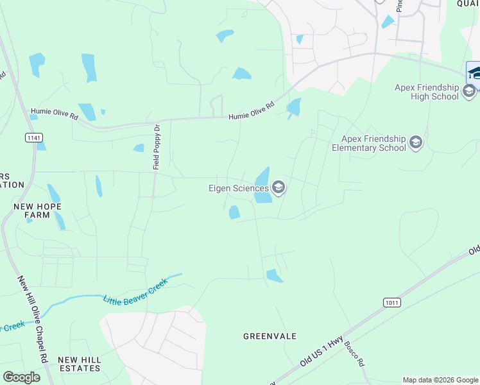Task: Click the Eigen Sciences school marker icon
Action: (x=279, y=188)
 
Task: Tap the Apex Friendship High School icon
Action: (x=469, y=92)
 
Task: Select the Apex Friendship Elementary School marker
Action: (x=415, y=142)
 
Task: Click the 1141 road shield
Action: (x=33, y=138)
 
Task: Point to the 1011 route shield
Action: (x=391, y=302)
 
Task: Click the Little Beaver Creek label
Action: (x=135, y=290)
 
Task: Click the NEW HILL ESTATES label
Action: (x=79, y=364)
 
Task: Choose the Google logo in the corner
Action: (x=21, y=377)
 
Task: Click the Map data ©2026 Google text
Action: (x=440, y=380)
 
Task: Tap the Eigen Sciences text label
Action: (x=237, y=188)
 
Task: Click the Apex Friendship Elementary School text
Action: (x=373, y=143)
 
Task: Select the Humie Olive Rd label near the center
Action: (x=252, y=110)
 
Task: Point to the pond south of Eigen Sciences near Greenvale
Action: (x=274, y=276)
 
